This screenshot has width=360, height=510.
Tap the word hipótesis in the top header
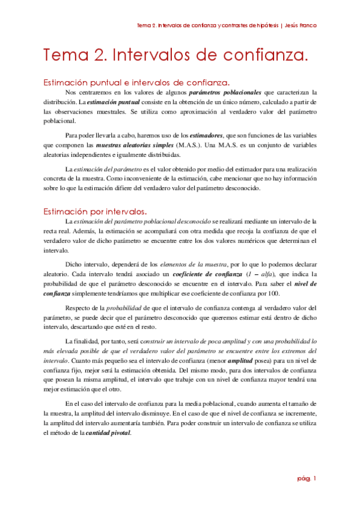pyautogui.click(x=261, y=26)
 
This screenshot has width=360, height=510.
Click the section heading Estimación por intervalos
pyautogui.click(x=95, y=211)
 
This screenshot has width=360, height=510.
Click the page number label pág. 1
pyautogui.click(x=307, y=478)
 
